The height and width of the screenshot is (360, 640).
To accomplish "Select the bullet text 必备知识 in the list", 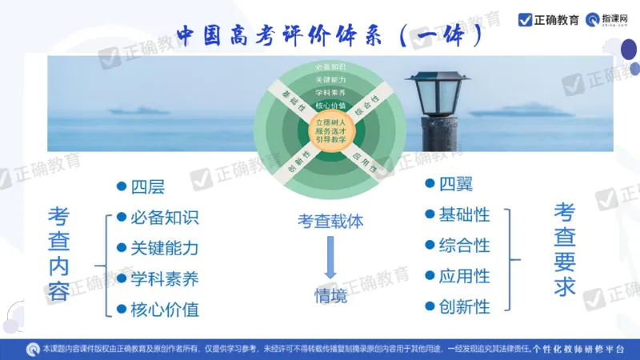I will [164, 218].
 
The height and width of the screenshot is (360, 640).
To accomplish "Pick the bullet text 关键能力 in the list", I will [164, 248].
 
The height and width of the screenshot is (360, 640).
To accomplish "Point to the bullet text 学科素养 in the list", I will [164, 279].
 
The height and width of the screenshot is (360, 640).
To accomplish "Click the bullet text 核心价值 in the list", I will [164, 310].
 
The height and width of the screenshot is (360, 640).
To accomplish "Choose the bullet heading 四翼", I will [455, 185].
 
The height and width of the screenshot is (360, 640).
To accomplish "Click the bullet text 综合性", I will [464, 245].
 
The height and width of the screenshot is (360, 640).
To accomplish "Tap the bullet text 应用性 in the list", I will [464, 276].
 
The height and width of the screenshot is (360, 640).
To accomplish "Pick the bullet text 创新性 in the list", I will [464, 306].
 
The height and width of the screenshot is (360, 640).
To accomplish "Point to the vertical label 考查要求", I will [565, 249].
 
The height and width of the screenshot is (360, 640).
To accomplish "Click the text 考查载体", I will [330, 222].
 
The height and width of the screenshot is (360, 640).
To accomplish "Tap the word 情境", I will [330, 295].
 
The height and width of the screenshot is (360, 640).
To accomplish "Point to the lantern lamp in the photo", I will [436, 101].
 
